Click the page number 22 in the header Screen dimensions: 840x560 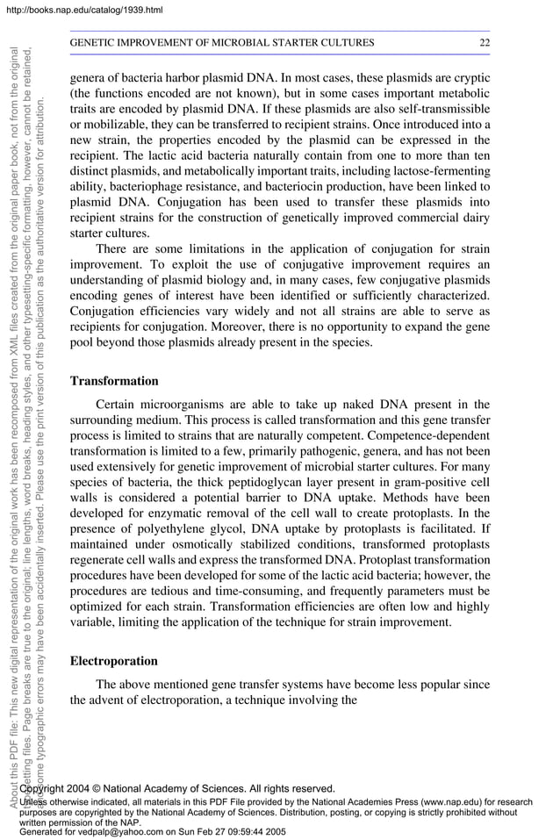484,42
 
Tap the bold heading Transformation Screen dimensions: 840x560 114,381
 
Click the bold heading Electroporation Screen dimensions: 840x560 114,661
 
